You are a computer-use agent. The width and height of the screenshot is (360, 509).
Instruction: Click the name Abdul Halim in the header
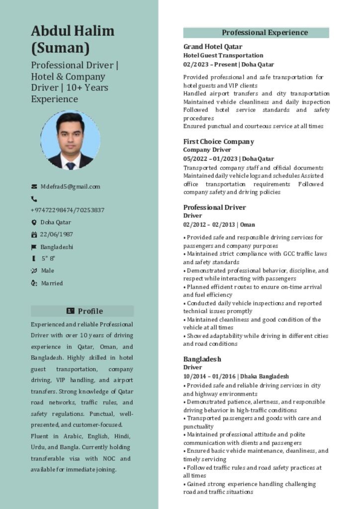73,31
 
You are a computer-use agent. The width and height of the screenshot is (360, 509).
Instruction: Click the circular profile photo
70,140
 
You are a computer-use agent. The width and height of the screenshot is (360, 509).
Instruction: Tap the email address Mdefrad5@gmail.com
70,186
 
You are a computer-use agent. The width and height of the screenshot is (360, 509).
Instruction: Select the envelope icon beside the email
34,186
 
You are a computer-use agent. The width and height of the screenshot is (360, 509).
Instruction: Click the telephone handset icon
34,199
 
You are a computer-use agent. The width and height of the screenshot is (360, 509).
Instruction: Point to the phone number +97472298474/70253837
67,210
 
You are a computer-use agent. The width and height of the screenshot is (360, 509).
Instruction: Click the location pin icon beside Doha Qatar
34,222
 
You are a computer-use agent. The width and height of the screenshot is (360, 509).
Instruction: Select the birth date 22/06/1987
56,235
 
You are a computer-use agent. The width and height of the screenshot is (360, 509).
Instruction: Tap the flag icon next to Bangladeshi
34,247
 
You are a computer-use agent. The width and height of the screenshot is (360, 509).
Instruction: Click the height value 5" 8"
48,258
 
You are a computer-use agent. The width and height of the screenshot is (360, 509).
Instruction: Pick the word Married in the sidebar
52,283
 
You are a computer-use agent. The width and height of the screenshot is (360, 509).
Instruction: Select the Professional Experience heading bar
256,33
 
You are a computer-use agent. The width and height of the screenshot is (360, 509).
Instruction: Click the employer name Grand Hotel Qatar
206,47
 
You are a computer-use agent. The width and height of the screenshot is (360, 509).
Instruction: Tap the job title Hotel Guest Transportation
223,55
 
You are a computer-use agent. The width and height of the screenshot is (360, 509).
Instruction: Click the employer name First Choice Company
218,141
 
